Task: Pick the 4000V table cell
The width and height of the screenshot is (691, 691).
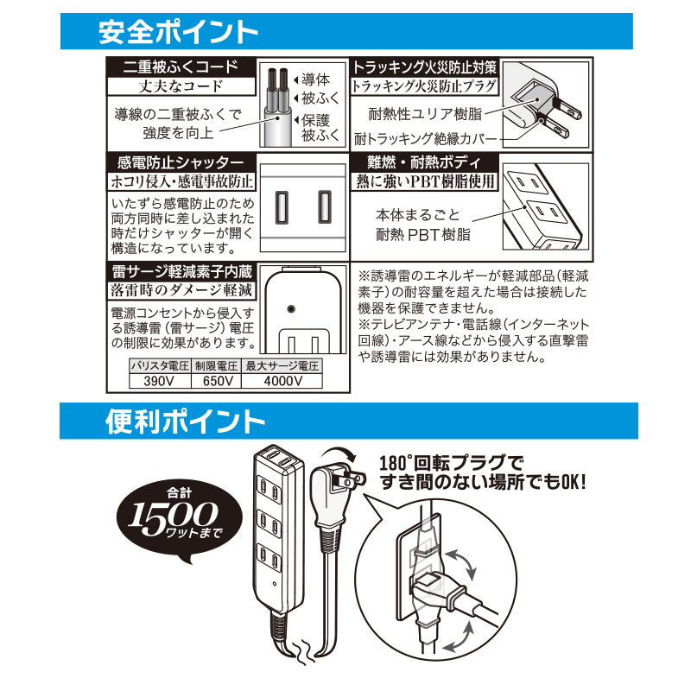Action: (x=282, y=381)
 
